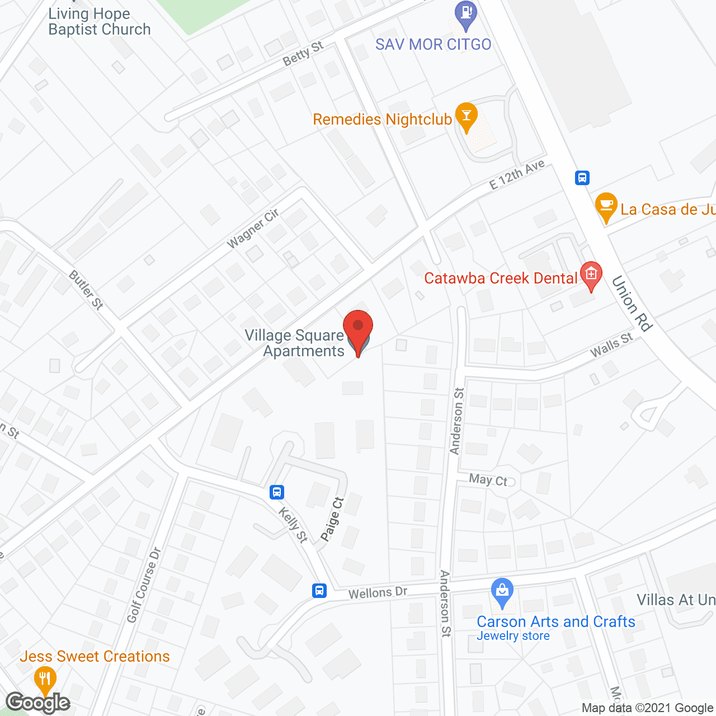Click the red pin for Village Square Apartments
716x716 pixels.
(x=358, y=328)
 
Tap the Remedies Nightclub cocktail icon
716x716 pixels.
(x=466, y=115)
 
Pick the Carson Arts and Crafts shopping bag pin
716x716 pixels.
(x=502, y=591)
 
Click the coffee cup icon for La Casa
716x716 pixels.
(x=606, y=206)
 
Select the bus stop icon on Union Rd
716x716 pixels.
(x=582, y=178)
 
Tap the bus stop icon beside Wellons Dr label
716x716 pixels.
(x=319, y=590)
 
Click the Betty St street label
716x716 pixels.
(x=303, y=54)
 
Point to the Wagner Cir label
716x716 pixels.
(x=253, y=229)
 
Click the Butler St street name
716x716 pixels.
(x=86, y=290)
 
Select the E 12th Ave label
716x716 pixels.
(x=517, y=175)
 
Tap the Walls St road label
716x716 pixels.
(x=611, y=345)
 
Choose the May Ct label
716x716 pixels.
(x=488, y=480)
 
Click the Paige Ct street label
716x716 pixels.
(x=332, y=519)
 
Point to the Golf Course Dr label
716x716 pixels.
(x=144, y=585)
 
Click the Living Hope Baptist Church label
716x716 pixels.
(x=100, y=22)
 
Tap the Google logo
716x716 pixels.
(x=38, y=703)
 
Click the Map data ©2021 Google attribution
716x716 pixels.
(x=648, y=708)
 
